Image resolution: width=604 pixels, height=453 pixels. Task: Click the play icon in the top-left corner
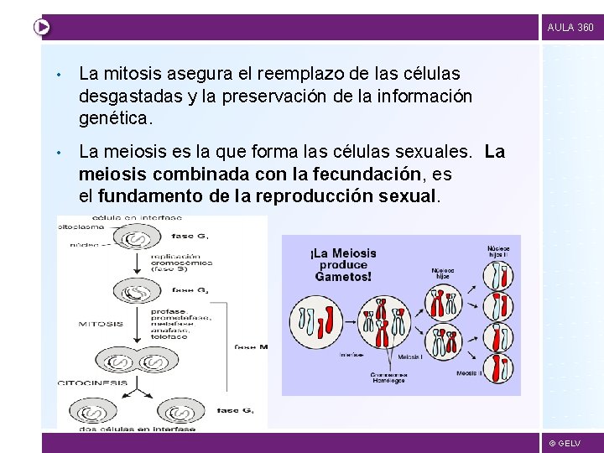(x=41, y=27)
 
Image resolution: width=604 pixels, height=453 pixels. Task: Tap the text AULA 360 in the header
(x=570, y=28)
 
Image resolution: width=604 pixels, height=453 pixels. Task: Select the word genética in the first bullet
(x=115, y=118)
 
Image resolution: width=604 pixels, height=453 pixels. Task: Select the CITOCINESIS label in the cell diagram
(x=93, y=383)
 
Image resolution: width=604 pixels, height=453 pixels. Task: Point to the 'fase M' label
(x=250, y=346)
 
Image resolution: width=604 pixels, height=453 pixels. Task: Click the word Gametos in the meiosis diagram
(x=344, y=276)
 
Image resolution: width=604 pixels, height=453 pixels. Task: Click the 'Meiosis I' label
(x=410, y=357)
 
